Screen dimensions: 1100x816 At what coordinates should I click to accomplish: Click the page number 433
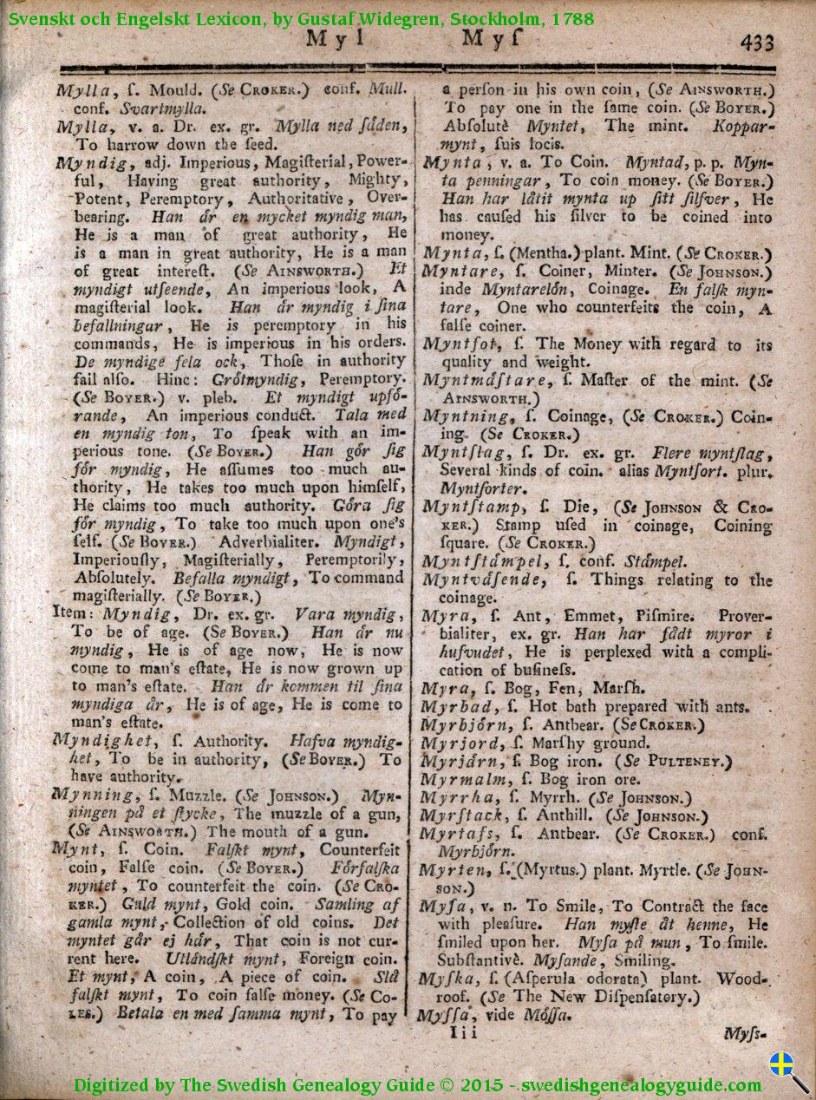tap(756, 42)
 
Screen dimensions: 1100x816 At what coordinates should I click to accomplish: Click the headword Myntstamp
tap(473, 507)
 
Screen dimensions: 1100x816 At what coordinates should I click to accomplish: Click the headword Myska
tap(446, 979)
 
